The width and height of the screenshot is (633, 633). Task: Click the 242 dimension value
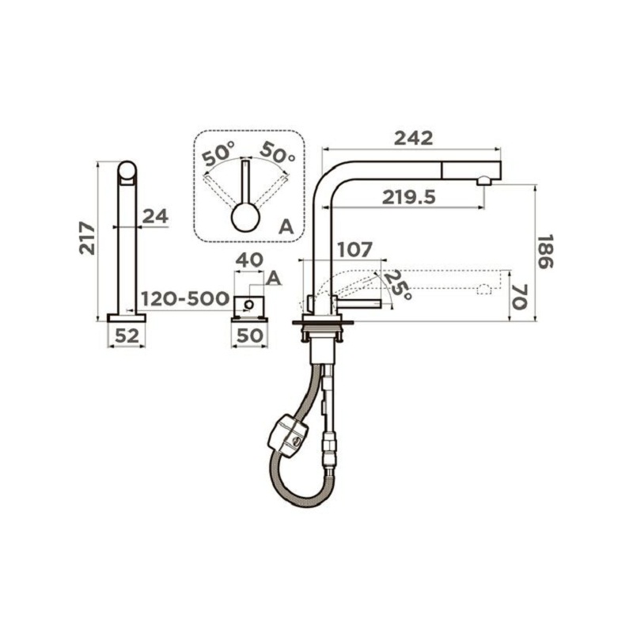[413, 138]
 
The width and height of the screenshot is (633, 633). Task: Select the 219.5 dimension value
[409, 197]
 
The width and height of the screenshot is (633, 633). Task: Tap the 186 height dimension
[545, 252]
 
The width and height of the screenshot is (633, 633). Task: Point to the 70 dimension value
[519, 297]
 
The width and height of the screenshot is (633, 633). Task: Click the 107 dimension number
[354, 249]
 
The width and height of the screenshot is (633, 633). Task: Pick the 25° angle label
[398, 285]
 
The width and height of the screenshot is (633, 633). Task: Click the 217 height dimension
[87, 238]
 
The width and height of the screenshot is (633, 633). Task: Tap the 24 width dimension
[155, 217]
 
